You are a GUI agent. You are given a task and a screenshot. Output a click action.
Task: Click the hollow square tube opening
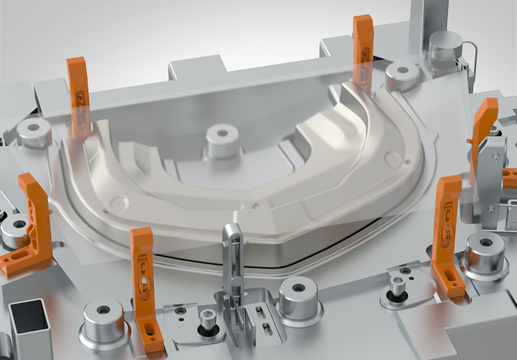click(x=28, y=318)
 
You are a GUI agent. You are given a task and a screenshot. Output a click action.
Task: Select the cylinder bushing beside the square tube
click(x=104, y=320)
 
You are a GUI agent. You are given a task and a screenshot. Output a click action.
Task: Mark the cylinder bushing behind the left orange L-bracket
click(x=14, y=229)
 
